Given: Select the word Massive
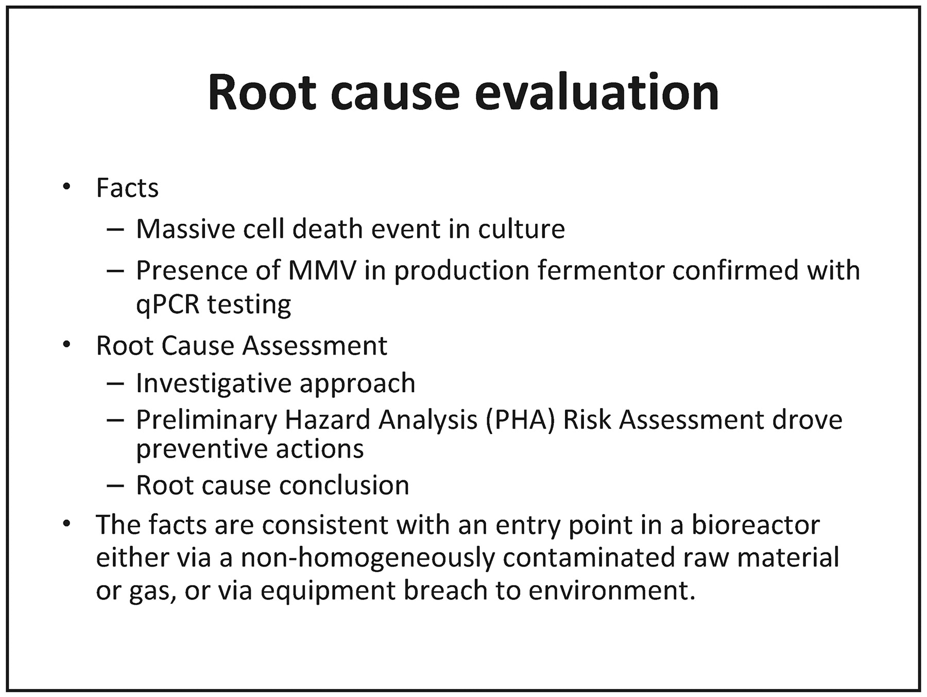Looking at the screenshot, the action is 185,229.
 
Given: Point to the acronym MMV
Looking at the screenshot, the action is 322,270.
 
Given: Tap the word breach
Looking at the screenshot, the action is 445,590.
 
